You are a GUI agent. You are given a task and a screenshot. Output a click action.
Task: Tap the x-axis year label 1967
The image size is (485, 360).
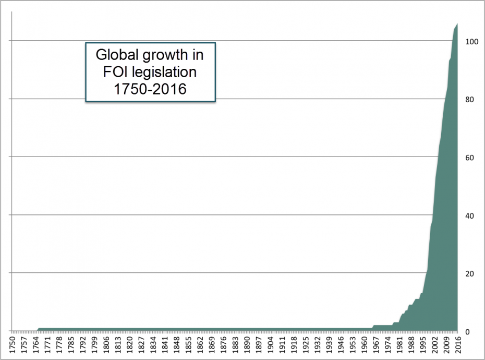pos(375,345)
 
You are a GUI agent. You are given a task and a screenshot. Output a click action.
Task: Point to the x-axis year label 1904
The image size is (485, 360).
pos(270,345)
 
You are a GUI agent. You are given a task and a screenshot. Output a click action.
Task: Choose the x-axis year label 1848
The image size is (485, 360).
pos(176,345)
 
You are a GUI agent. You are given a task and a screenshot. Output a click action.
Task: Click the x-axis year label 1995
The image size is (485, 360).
pos(422,345)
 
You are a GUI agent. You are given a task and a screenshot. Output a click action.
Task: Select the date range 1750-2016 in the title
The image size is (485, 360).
pos(150,88)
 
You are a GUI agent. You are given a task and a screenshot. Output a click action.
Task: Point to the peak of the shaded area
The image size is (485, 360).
pos(457,24)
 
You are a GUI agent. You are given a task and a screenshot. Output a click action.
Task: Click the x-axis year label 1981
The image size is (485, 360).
pos(399,345)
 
